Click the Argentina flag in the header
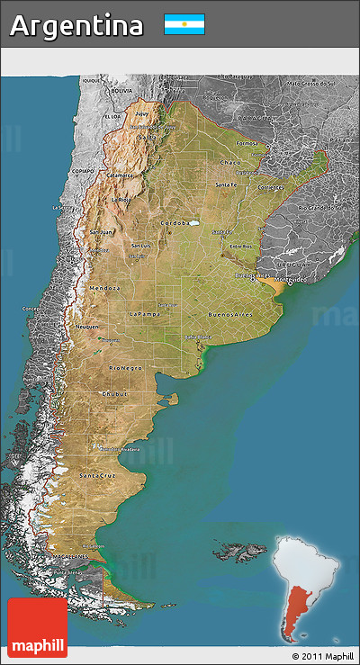184,24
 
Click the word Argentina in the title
76,26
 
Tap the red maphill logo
37,627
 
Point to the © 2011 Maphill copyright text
322,656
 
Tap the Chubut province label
115,393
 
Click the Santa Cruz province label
97,474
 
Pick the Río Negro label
125,368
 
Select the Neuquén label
87,327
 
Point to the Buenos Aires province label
229,315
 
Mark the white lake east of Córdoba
192,223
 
